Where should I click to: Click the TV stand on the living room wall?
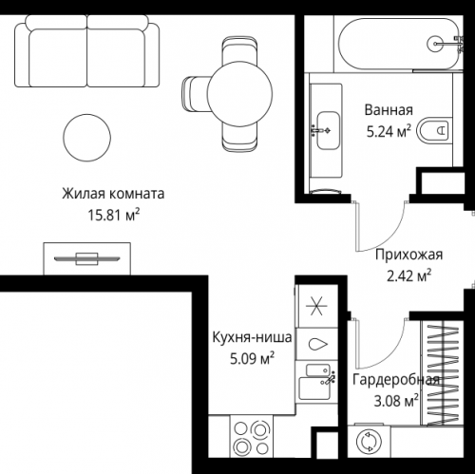(85, 257)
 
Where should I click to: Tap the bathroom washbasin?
(328, 123)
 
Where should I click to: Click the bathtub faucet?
(438, 42)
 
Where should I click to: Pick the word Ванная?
(389, 109)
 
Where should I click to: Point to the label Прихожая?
(409, 255)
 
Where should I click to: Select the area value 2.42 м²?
(409, 275)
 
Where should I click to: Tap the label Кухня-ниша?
(252, 337)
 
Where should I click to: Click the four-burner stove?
(257, 442)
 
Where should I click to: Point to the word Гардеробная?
(395, 380)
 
